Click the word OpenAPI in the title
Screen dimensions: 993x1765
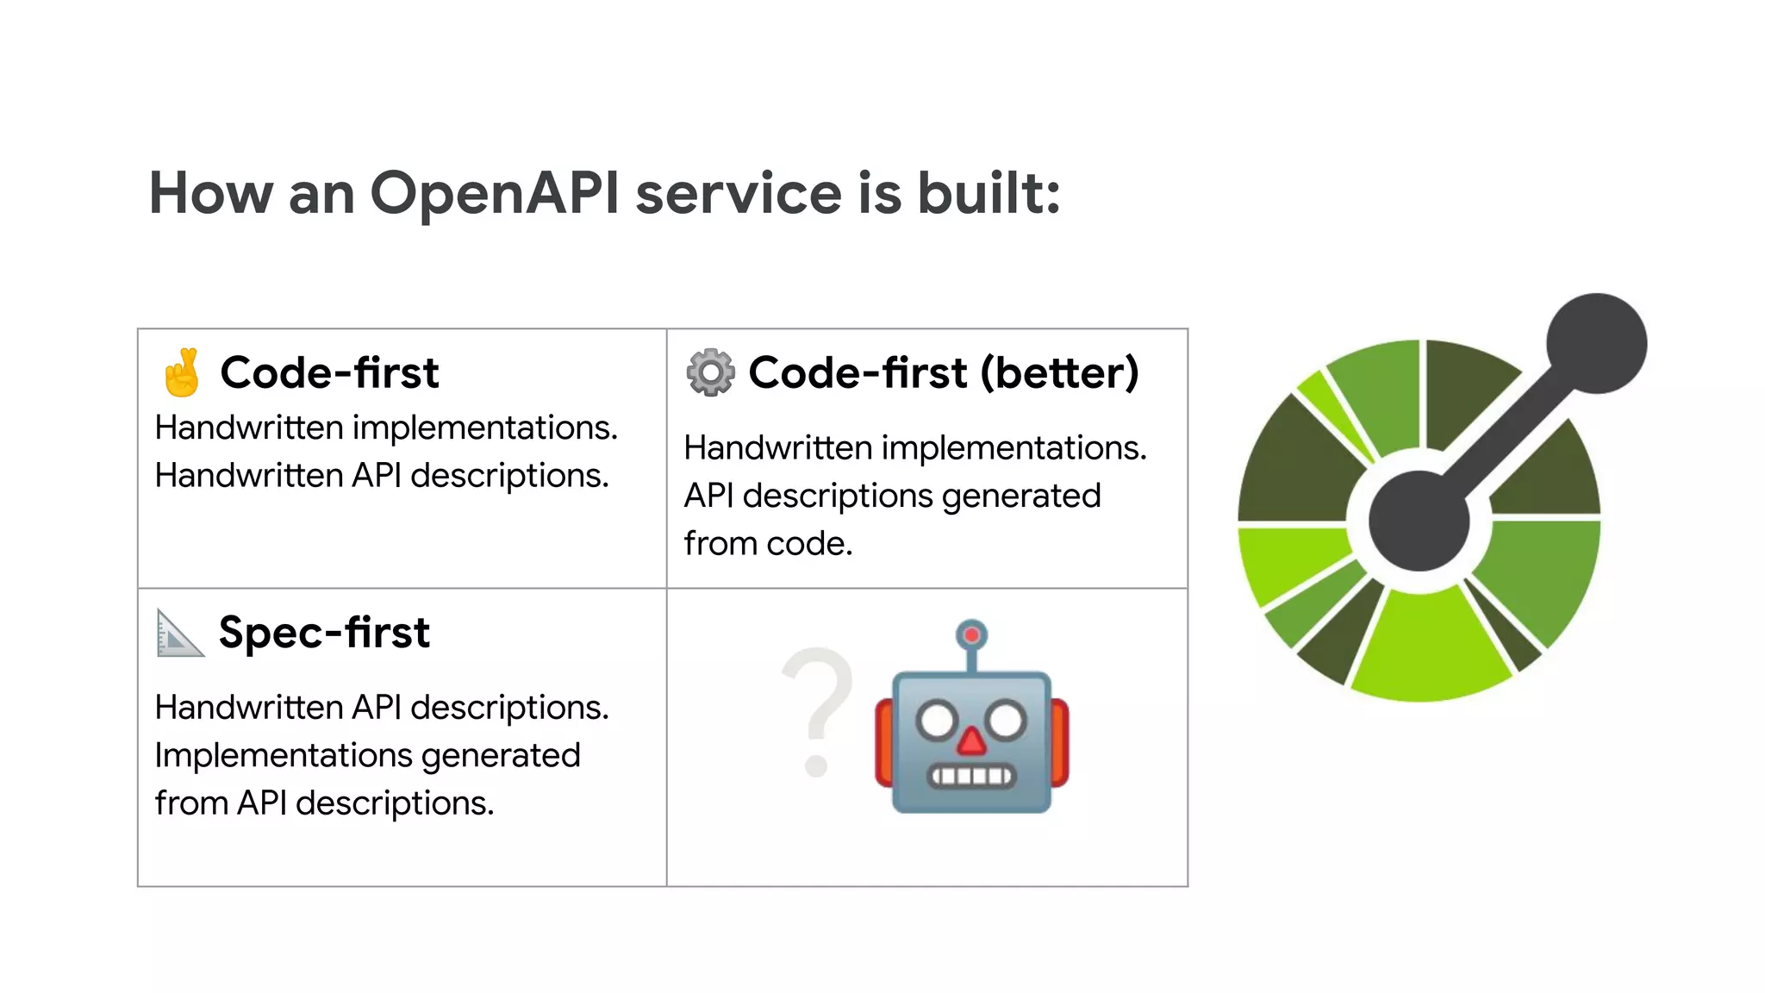click(x=494, y=193)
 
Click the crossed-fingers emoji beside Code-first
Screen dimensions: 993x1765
click(x=182, y=372)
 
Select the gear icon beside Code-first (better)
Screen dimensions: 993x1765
click(x=710, y=372)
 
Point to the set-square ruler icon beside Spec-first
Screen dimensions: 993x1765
click(x=179, y=634)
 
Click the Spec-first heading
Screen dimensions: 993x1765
click(x=324, y=633)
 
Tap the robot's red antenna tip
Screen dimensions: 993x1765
click(x=971, y=635)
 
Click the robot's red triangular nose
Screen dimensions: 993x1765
click(x=971, y=741)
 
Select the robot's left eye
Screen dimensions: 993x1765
click(x=937, y=721)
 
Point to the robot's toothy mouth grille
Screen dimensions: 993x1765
click(x=971, y=776)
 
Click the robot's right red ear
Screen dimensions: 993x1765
click(x=1059, y=743)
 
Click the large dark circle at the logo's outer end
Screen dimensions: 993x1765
click(x=1596, y=343)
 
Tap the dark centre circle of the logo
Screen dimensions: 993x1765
click(x=1419, y=520)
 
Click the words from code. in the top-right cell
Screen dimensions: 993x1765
click(x=768, y=544)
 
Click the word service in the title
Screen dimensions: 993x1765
click(x=738, y=193)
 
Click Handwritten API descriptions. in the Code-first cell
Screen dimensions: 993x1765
click(x=382, y=476)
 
